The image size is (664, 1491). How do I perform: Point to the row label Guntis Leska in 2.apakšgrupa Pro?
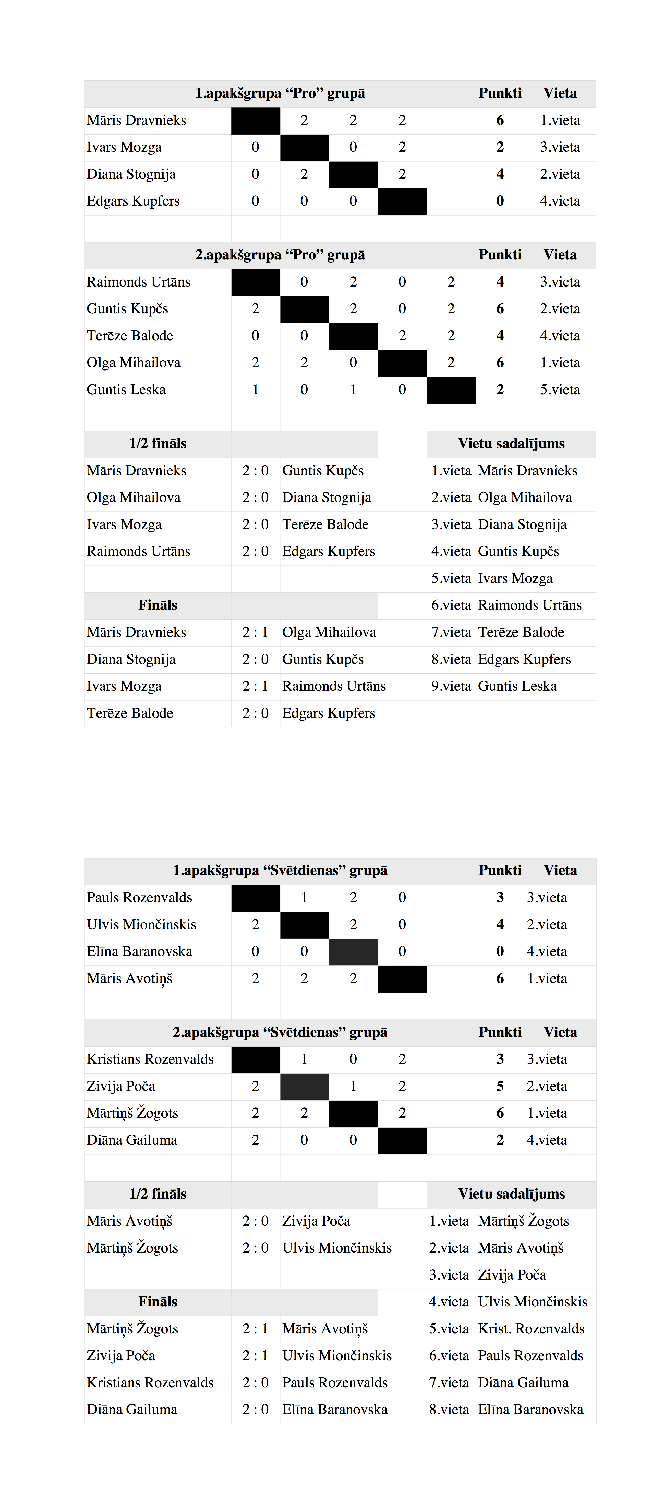[126, 389]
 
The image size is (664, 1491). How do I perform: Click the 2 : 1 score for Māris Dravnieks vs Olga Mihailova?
[255, 632]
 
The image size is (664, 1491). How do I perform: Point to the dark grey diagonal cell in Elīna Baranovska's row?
[353, 951]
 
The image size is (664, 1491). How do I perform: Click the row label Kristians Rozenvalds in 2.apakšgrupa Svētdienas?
[150, 1059]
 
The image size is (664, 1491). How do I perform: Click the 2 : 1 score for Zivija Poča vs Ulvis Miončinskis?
[255, 1356]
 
